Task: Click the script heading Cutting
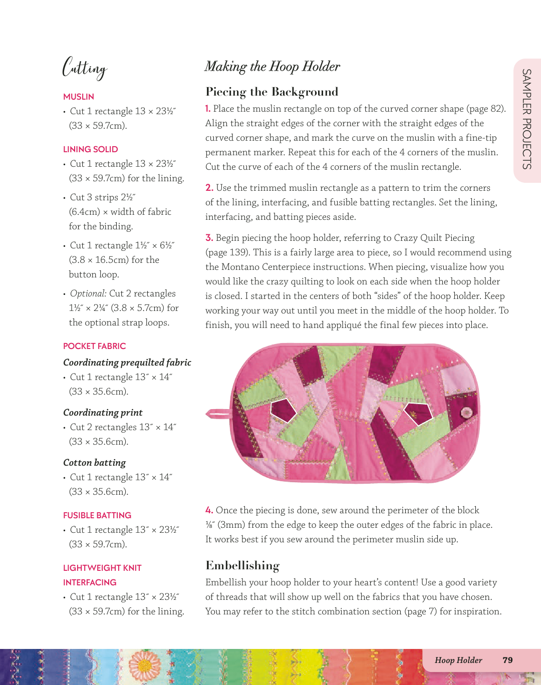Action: pos(85,68)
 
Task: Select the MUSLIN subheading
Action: pos(79,97)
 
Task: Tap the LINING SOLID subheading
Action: pos(91,149)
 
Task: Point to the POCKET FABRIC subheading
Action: pos(95,346)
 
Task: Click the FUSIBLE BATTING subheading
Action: pos(97,515)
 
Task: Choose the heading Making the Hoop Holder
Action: pos(272,67)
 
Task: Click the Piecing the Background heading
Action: pos(272,92)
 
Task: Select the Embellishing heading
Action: pos(242,565)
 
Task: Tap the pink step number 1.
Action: pos(208,109)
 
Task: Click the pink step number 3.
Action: pos(209,238)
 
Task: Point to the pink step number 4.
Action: pos(209,510)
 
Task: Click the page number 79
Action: pos(507,660)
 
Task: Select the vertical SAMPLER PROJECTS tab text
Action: pos(526,119)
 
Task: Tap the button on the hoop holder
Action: pos(466,412)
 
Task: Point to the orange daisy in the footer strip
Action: pos(145,665)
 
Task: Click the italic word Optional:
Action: pos(88,293)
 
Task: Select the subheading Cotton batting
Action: pos(94,463)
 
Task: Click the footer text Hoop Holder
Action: pos(458,660)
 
